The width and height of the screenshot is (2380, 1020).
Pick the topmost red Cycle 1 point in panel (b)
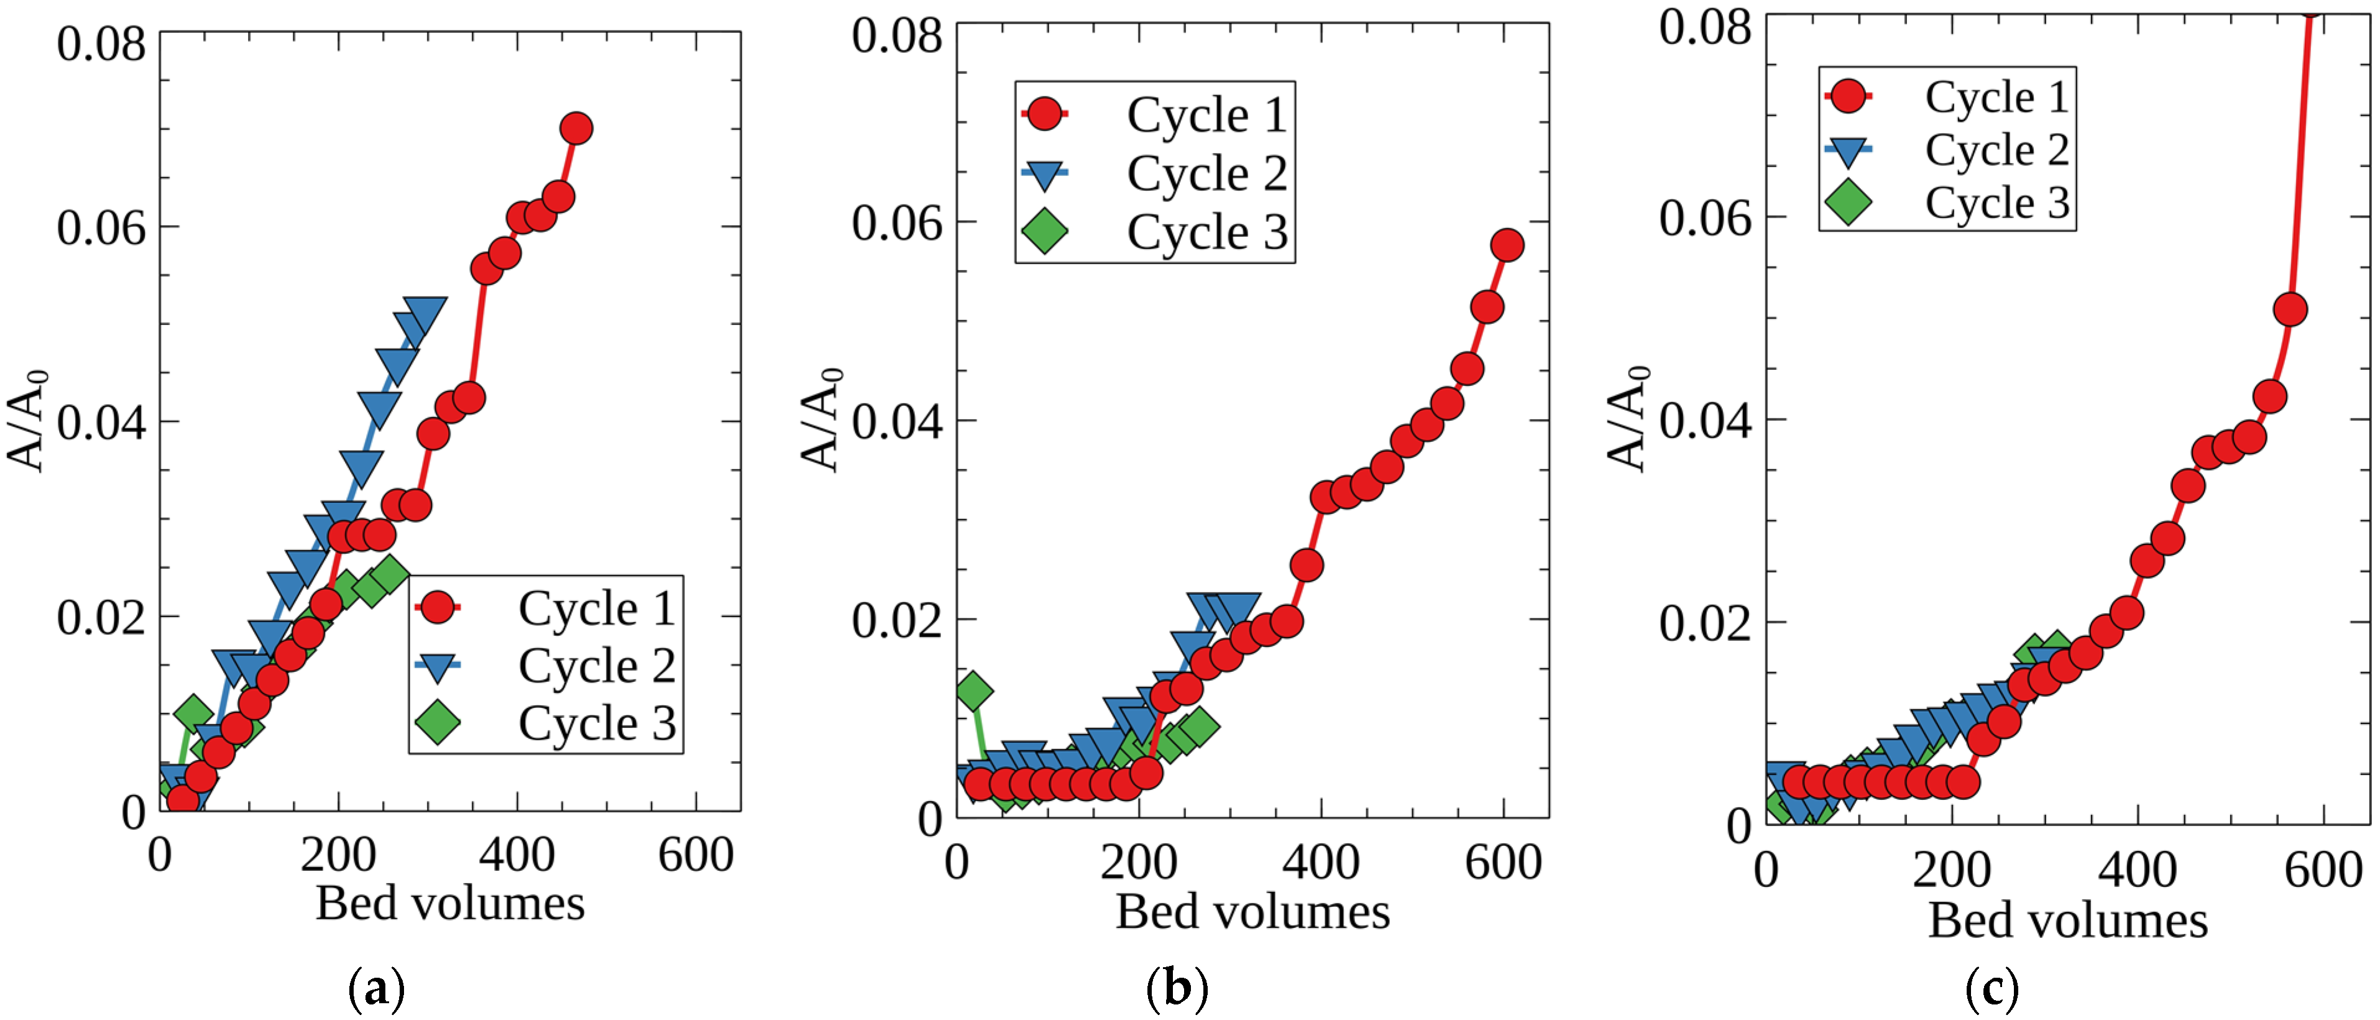coord(1507,246)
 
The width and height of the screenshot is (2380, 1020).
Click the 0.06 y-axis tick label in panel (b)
coord(896,222)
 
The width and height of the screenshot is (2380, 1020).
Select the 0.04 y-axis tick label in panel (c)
coord(1704,420)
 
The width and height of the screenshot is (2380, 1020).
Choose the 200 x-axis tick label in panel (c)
coord(1951,870)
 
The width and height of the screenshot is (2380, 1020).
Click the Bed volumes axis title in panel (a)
coord(450,903)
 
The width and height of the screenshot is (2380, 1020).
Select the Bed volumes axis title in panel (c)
coord(2068,920)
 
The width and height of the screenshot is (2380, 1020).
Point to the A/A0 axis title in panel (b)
coord(820,420)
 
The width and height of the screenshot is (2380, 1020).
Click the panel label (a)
coord(376,988)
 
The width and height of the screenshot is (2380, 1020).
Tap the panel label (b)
coord(1175,988)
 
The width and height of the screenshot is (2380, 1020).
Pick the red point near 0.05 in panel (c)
coord(2289,310)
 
